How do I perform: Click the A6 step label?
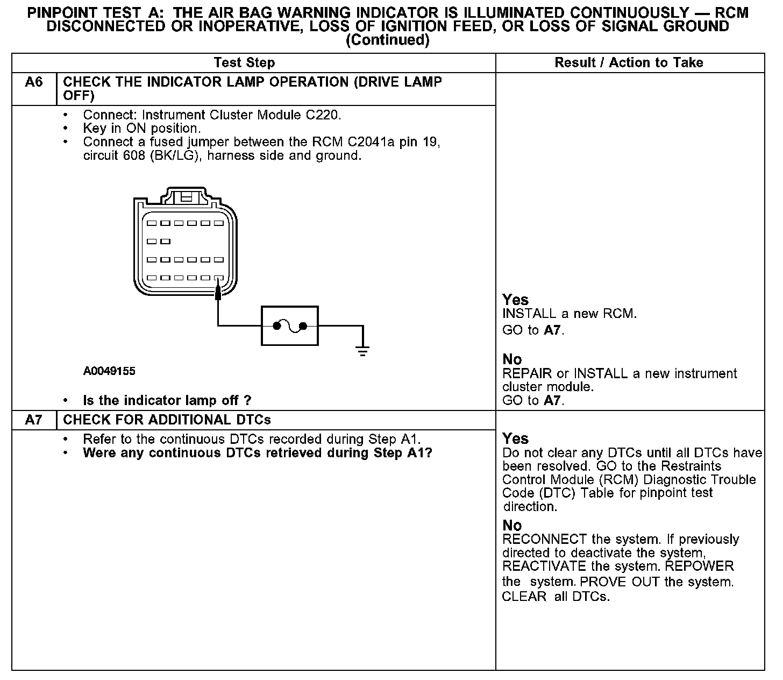tap(34, 82)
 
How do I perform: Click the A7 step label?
tap(33, 420)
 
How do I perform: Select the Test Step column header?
tap(244, 63)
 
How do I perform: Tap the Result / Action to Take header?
tap(629, 63)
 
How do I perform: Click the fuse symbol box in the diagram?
tap(290, 326)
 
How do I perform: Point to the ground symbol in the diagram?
tap(364, 351)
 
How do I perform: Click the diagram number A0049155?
tap(109, 371)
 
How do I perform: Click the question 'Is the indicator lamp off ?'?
tap(167, 400)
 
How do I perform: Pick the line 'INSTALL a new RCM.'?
tap(569, 314)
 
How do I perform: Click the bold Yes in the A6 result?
tap(515, 300)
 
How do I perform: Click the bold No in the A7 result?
tap(512, 525)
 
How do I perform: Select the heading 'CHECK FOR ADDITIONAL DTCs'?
tap(167, 420)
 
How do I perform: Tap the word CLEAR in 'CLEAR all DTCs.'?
tap(524, 596)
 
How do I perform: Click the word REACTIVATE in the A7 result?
tap(536, 566)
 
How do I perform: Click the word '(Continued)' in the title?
tap(387, 40)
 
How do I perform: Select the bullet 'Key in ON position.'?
tap(141, 129)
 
